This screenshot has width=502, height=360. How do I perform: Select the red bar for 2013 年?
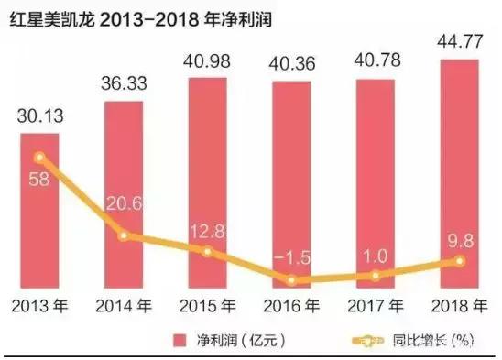coord(40,211)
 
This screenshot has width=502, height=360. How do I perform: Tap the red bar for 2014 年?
coord(124,192)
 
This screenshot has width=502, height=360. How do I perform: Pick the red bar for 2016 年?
coord(291,183)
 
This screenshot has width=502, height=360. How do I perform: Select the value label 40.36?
coord(291,66)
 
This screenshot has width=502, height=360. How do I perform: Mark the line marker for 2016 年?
coord(291,280)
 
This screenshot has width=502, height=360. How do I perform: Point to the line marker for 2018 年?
coord(460,261)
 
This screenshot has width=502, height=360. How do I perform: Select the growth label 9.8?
coord(460,240)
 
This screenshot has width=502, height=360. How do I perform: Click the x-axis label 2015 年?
coord(207,304)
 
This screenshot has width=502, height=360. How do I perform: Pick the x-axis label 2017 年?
coord(376,304)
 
